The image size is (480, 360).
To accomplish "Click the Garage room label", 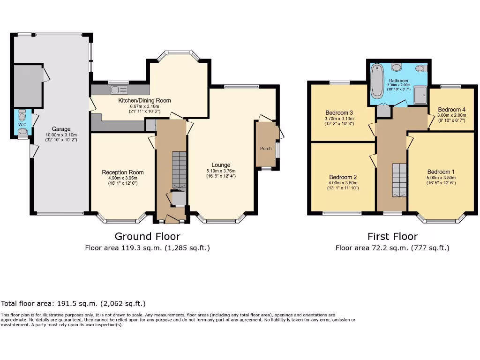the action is pos(61,129).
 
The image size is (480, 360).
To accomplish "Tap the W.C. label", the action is pos(22,125).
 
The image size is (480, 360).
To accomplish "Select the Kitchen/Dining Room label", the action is pos(144,100).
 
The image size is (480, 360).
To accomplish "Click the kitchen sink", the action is pos(120,90).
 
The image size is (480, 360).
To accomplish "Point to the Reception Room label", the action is pos(123,172).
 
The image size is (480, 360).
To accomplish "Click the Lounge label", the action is pos(221,165).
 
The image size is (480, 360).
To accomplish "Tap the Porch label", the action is pos(266,149).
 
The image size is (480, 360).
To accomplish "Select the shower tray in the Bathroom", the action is pos(420,95).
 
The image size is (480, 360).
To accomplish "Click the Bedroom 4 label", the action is pos(451,110).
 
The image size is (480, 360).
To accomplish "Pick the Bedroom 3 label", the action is pos(339,112).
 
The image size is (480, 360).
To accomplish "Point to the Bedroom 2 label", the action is pos(343,177).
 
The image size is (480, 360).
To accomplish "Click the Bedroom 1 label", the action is pos(441,172).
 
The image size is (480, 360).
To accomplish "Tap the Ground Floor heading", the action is pos(147,236).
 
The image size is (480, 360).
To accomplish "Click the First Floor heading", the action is pos(392,236).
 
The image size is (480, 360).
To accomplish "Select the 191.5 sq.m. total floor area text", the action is pos(77,303).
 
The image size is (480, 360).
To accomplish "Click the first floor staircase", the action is pos(399,180).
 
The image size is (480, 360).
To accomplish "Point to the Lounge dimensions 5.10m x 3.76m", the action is pos(221,171).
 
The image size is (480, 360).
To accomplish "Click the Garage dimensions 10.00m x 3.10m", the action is pos(61,135).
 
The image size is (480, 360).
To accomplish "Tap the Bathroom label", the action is pos(398,81).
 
